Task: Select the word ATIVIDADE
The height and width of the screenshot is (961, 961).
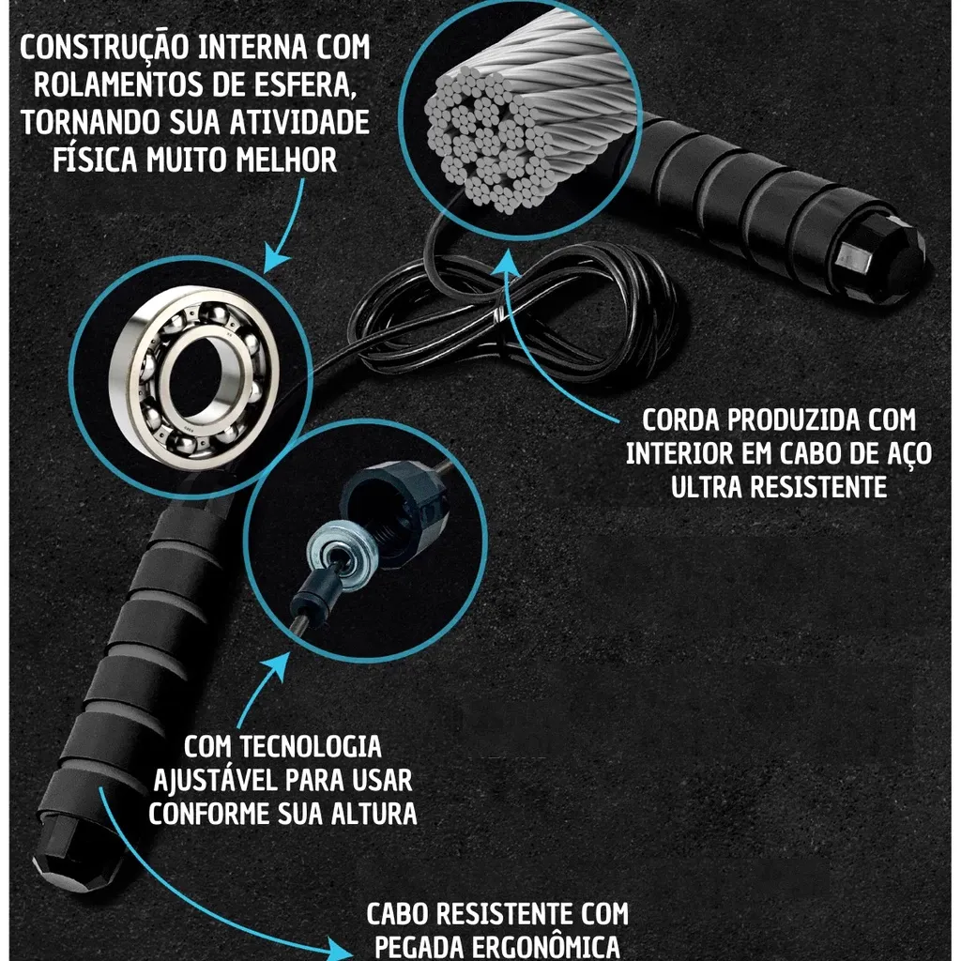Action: coord(299,122)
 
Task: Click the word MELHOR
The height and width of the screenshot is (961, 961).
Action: coord(286,160)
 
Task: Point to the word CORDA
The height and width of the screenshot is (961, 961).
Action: coord(680,420)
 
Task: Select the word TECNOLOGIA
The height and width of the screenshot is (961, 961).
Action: coord(310,747)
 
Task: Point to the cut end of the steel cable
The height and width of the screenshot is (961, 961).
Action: coord(490,141)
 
